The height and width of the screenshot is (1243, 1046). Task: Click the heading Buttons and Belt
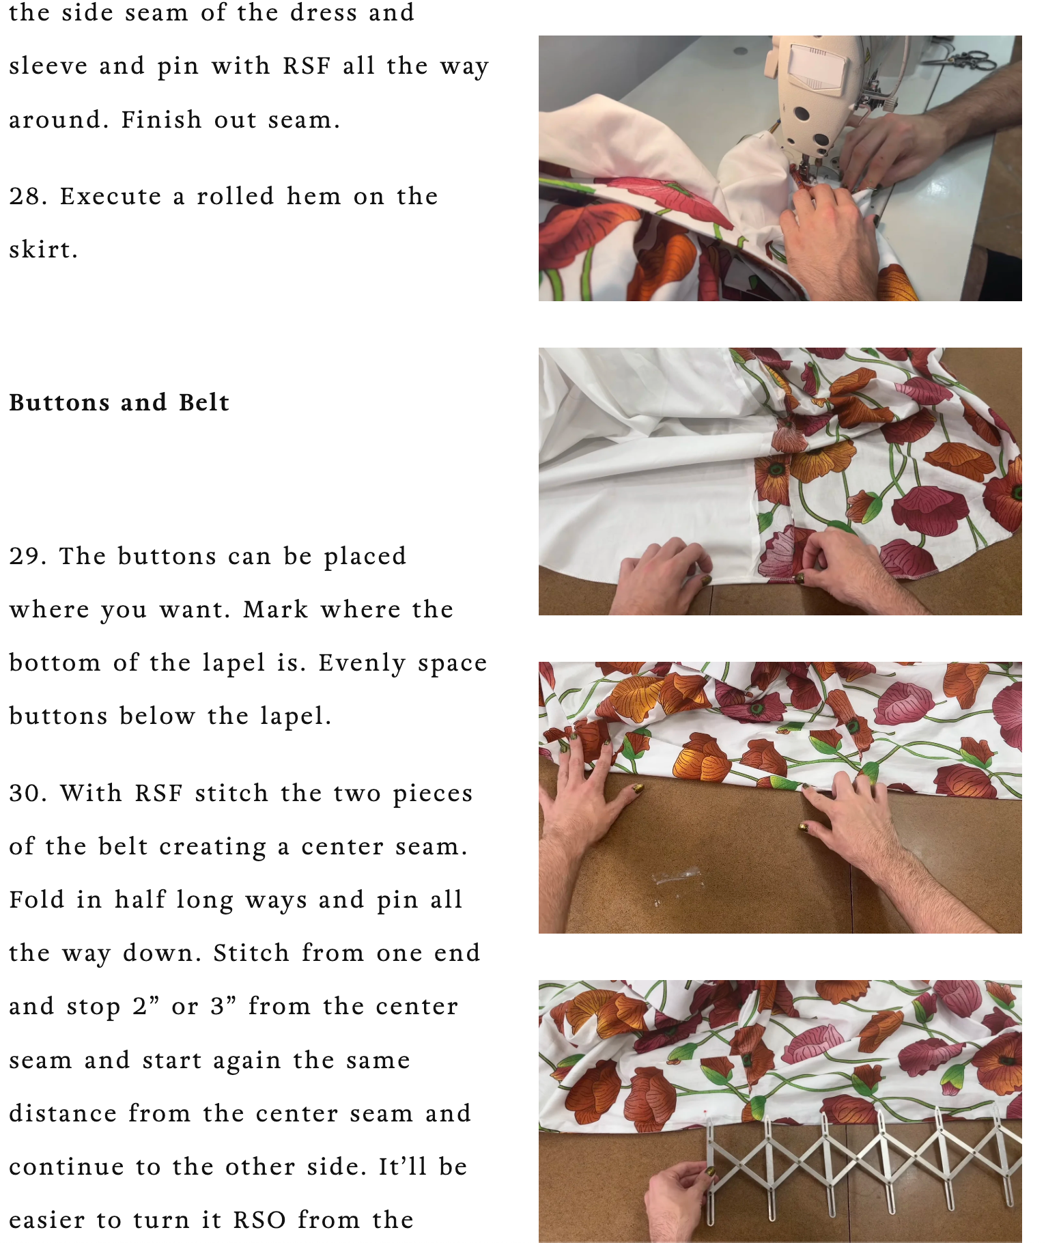(x=119, y=402)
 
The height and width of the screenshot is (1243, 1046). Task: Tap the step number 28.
(x=28, y=197)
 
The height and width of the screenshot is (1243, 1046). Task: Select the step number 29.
(x=28, y=557)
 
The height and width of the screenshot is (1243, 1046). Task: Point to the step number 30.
(x=28, y=794)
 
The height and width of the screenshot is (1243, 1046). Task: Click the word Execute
(x=111, y=197)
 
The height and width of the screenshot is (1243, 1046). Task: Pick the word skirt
(x=43, y=250)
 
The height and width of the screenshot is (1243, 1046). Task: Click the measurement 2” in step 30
(x=146, y=1007)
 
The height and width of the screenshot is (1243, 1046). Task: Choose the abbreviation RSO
(x=259, y=1220)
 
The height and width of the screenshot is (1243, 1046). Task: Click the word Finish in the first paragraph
(x=161, y=120)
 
